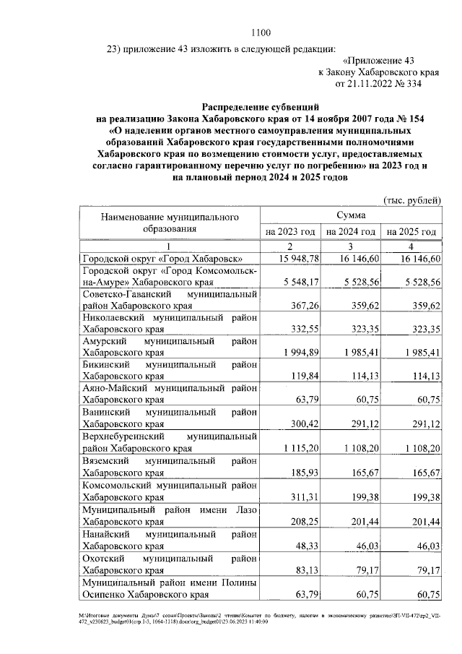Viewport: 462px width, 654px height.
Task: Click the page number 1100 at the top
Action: tap(260, 32)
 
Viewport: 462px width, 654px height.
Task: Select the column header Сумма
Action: tap(350, 215)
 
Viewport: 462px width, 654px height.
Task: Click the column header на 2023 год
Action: tap(289, 232)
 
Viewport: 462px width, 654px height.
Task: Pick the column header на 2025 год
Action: tap(411, 232)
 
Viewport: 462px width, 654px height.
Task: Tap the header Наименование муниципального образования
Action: tap(169, 223)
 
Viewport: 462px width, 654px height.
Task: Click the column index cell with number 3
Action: tap(350, 246)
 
